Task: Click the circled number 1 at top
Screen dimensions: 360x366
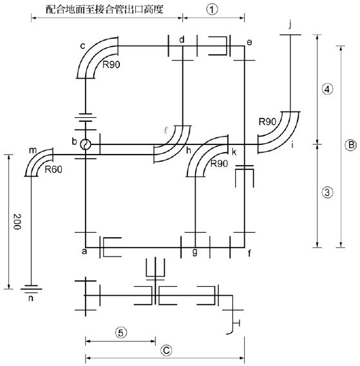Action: point(212,10)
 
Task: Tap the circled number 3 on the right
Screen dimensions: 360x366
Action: point(327,192)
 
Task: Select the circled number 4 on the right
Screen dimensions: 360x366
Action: point(327,89)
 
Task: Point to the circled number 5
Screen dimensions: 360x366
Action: point(121,332)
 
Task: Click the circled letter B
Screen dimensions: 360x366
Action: point(350,145)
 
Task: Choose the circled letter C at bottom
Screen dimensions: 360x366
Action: point(166,351)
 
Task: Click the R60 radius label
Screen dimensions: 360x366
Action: point(53,169)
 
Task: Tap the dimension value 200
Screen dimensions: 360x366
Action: point(17,222)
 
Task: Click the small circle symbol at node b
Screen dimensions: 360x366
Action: point(86,145)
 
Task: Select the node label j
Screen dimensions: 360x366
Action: point(290,24)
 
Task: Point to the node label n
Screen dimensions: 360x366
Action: point(31,298)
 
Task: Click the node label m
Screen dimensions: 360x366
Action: point(33,151)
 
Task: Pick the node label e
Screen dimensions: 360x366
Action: point(249,43)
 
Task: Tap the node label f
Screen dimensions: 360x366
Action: point(249,253)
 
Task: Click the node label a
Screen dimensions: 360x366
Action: point(84,251)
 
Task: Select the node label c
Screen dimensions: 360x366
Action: point(82,46)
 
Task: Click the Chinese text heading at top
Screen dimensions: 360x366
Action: point(104,9)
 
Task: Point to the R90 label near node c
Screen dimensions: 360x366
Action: point(111,64)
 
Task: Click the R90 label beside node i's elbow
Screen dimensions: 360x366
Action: point(268,122)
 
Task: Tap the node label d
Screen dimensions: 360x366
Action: point(182,39)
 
